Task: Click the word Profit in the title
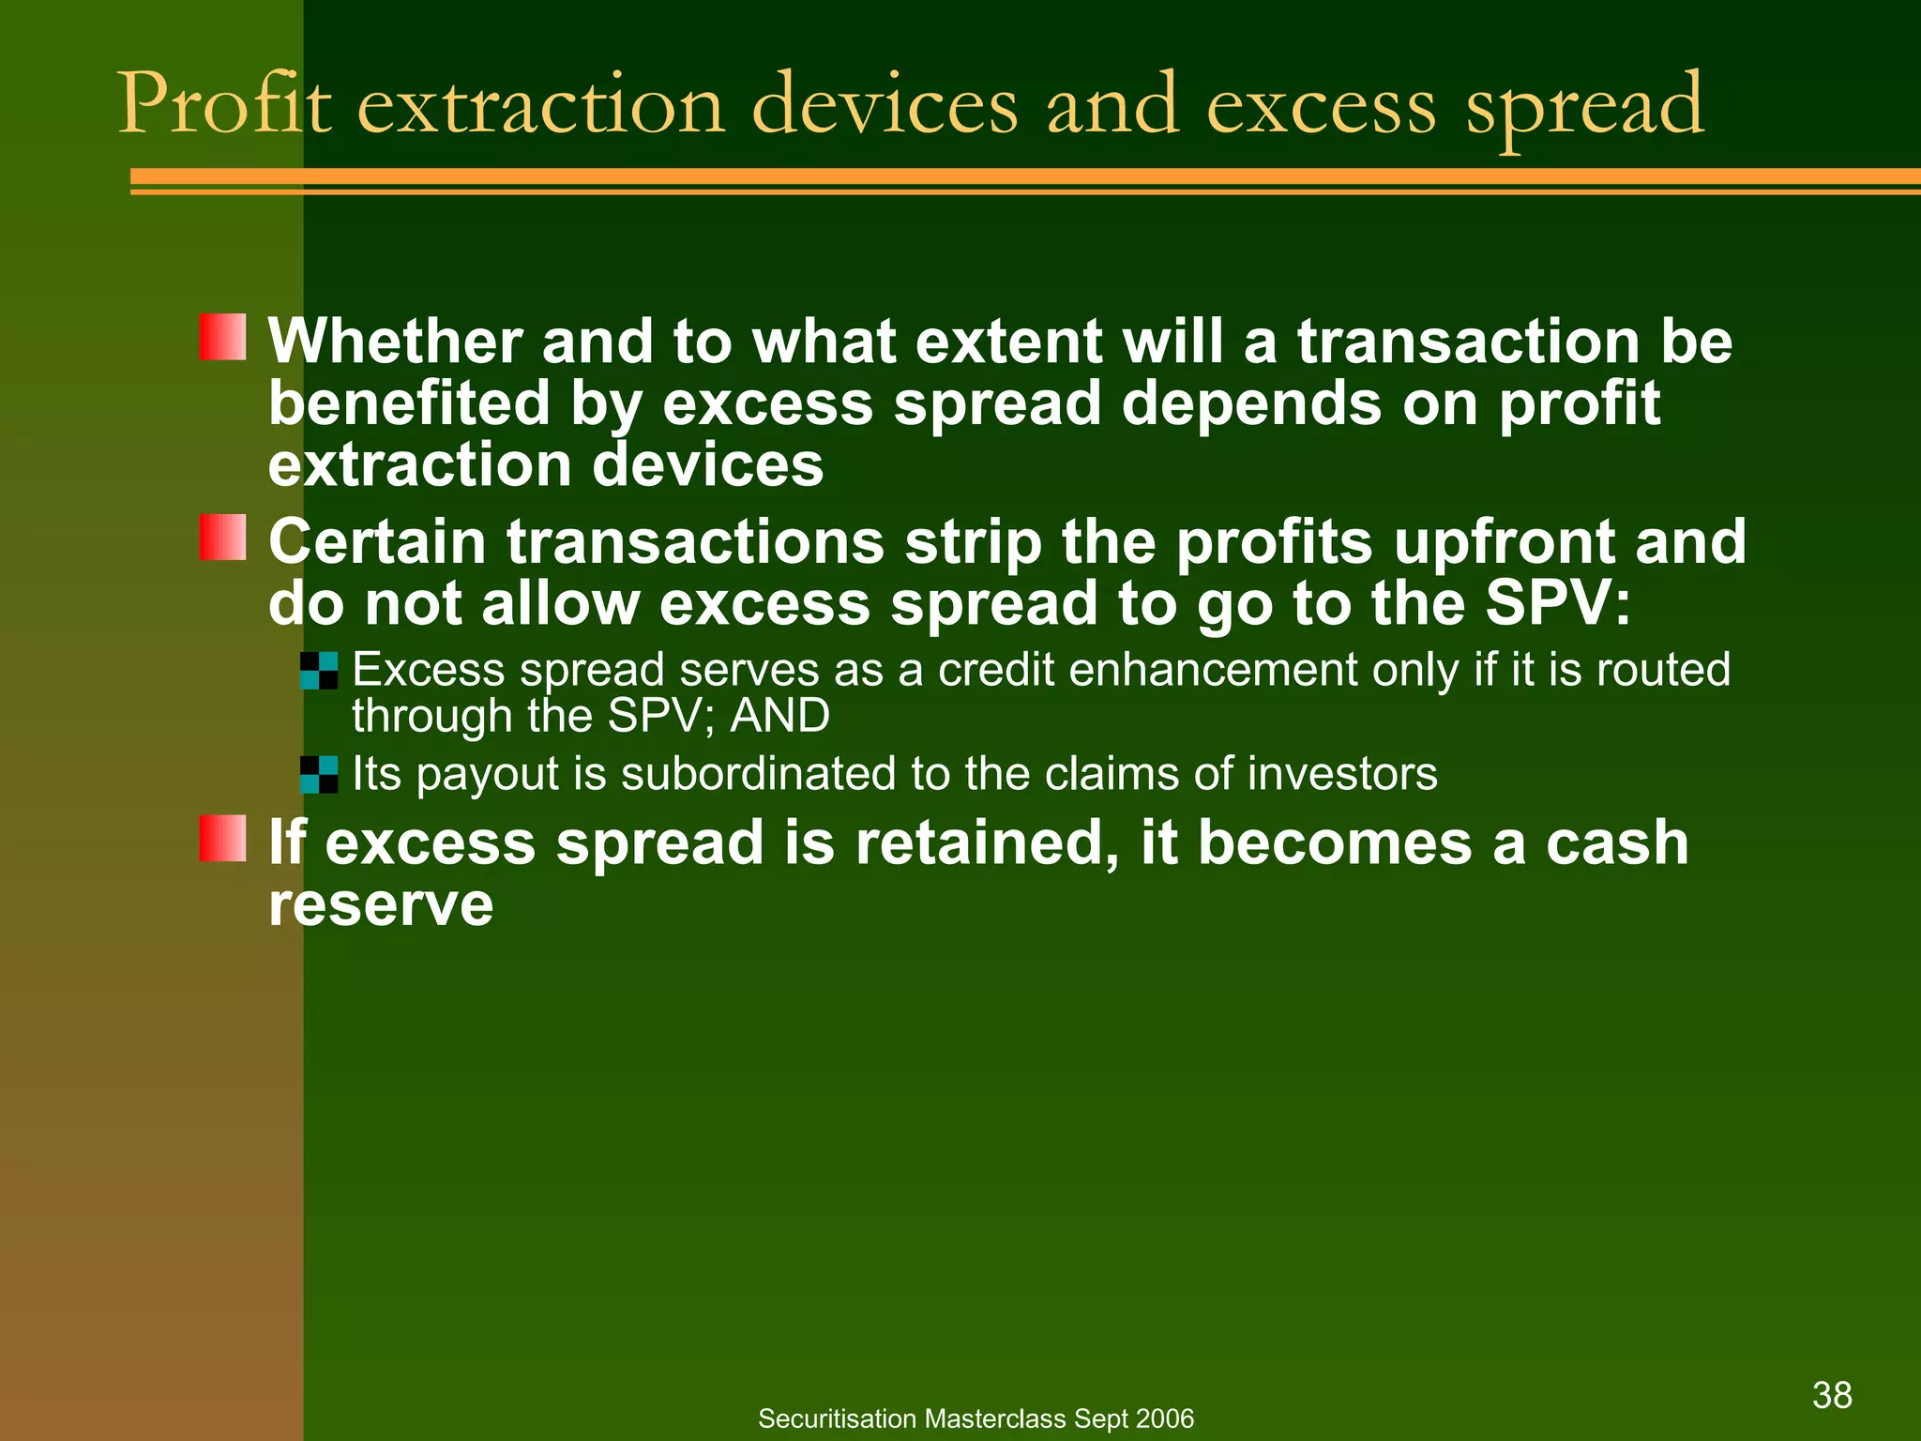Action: point(225,105)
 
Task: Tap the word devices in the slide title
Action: point(885,105)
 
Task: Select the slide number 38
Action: point(1832,1395)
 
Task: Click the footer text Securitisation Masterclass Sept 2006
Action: point(976,1418)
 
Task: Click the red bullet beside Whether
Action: point(223,338)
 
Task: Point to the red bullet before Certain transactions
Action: point(223,538)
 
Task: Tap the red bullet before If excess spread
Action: point(223,838)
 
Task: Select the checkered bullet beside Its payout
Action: point(319,775)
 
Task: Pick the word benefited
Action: point(409,403)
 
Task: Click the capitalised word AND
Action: point(779,716)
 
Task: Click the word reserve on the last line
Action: point(381,905)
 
